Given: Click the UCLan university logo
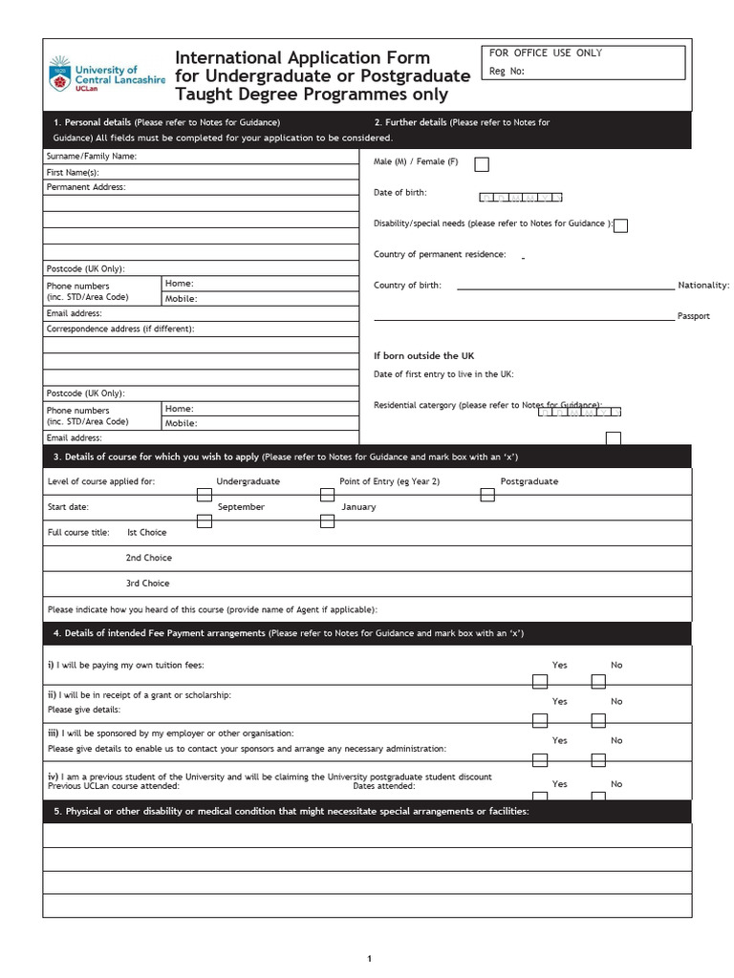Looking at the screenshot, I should tap(106, 74).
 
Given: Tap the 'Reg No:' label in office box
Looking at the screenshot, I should tap(507, 71).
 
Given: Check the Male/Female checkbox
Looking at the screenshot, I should tap(482, 164).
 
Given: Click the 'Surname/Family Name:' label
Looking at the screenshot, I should tap(92, 156).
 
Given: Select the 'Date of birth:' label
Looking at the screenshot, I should tap(399, 193).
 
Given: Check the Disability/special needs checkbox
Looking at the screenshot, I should tap(621, 226).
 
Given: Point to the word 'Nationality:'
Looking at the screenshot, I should tap(703, 286).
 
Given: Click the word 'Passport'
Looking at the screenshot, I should tap(694, 316).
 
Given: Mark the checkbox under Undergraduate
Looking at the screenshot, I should tap(204, 495).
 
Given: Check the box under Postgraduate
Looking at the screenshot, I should tap(487, 495).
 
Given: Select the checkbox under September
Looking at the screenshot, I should tap(204, 521).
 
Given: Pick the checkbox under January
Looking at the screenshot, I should tap(327, 521).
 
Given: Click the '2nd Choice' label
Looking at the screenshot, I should tap(148, 558).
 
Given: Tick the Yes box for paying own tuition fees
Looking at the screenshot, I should tap(540, 681).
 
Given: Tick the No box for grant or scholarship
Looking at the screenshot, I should tap(598, 720).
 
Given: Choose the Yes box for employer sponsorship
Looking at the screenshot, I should tap(540, 759).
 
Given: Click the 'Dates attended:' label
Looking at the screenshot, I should tap(384, 786).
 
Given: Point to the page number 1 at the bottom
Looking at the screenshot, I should tap(368, 958).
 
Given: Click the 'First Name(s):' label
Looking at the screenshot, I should tap(73, 172).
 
